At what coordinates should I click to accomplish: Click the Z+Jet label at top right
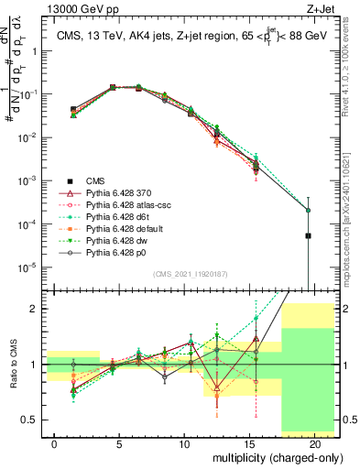coord(327,8)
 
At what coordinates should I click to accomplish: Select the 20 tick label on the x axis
coord(314,444)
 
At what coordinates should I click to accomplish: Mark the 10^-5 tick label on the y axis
coord(33,267)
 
